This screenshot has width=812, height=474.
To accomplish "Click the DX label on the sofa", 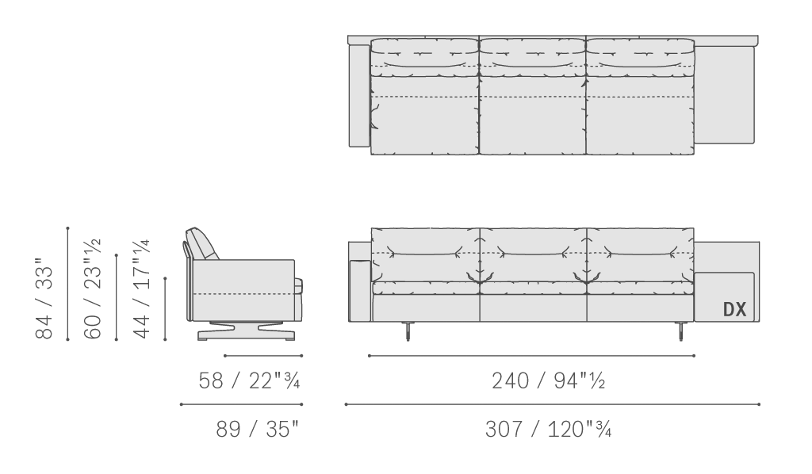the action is point(735,309).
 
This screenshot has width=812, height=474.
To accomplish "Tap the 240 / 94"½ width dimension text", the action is point(549,380).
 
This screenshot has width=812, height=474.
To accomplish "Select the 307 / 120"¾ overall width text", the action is point(549,429).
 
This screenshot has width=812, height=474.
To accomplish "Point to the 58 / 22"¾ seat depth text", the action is point(249,380).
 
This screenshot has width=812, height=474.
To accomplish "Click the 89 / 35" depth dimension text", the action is point(258,429).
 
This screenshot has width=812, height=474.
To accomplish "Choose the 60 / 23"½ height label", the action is point(93,289).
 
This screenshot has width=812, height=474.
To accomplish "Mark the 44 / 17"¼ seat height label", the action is point(141,289).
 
